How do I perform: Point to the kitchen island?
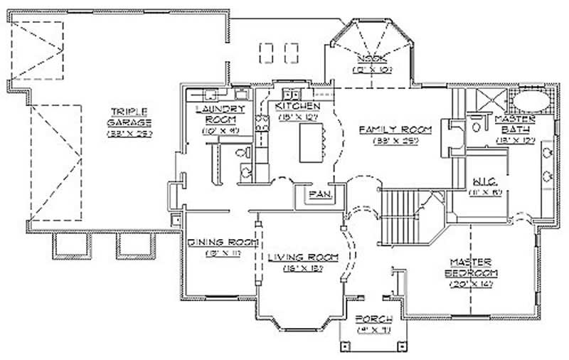310,142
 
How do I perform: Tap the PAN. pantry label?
317,193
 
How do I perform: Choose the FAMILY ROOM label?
395,129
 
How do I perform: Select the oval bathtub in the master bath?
531,99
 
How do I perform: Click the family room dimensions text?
395,141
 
